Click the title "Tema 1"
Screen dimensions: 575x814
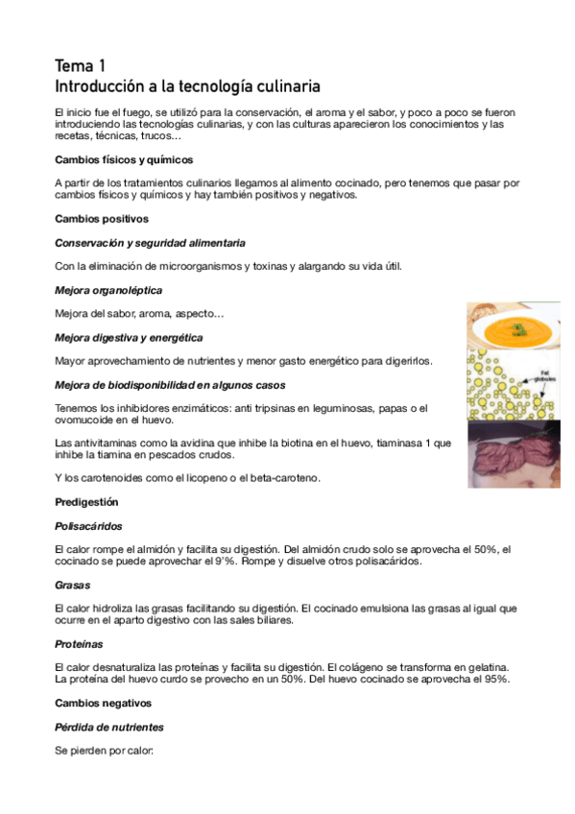point(81,66)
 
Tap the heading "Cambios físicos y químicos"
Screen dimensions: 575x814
point(125,159)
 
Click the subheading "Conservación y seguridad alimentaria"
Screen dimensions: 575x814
point(150,243)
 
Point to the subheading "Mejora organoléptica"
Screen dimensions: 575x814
point(108,290)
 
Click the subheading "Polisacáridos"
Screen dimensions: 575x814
point(88,526)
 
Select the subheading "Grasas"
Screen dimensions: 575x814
point(72,585)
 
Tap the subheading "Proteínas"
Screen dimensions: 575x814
point(80,644)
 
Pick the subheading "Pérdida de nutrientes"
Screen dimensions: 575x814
point(109,727)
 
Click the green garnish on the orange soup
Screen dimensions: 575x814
point(518,329)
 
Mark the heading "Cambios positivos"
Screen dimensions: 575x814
point(101,219)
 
